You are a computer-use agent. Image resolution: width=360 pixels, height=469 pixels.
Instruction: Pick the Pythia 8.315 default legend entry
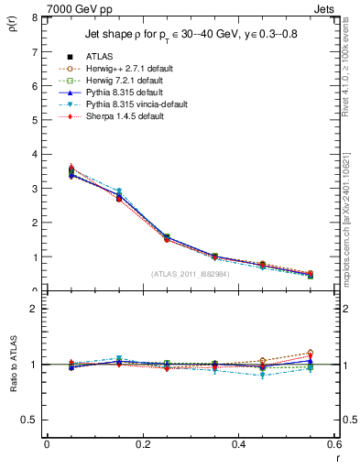(127, 93)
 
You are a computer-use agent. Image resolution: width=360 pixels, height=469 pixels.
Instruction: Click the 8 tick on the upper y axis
(36, 18)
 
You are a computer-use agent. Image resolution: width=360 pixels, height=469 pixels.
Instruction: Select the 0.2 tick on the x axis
(142, 444)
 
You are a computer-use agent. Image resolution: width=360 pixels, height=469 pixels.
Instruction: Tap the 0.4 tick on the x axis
(239, 444)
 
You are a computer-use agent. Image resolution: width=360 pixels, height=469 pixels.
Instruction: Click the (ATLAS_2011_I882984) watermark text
(191, 274)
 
